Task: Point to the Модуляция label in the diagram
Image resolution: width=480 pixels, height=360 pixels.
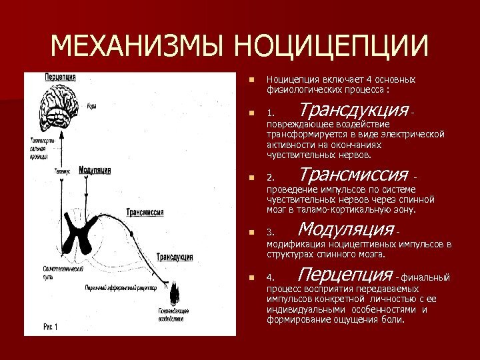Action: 94,171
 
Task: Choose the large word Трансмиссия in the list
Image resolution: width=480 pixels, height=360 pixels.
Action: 353,175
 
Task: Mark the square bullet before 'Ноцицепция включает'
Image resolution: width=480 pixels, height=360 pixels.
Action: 251,79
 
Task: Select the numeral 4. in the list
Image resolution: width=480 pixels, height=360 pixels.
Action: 270,277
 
